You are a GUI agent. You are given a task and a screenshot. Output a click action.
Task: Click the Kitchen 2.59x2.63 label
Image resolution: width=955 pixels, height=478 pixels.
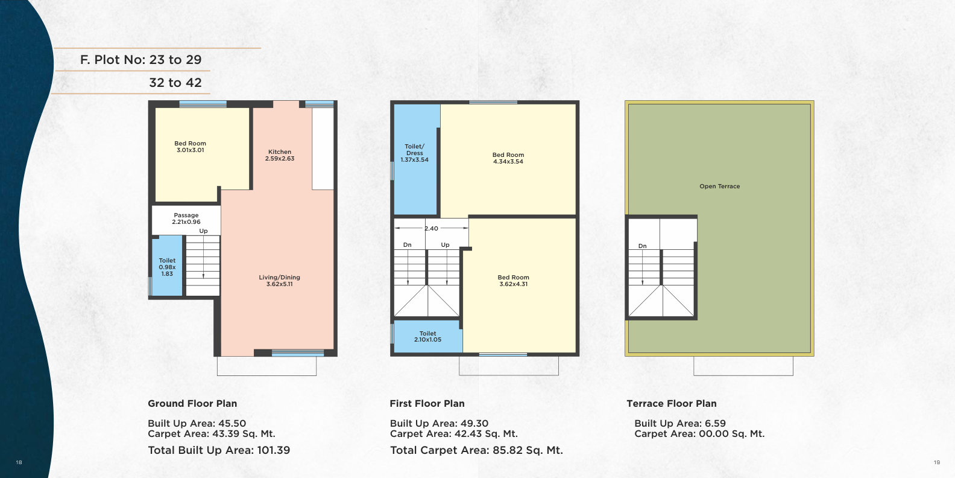(280, 155)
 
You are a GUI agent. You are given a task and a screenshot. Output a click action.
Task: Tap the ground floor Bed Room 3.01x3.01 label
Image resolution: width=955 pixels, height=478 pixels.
(190, 147)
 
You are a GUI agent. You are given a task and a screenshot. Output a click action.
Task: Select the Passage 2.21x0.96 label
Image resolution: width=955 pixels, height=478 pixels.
(186, 218)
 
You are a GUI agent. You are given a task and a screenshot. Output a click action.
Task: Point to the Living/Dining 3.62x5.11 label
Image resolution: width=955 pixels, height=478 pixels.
(279, 281)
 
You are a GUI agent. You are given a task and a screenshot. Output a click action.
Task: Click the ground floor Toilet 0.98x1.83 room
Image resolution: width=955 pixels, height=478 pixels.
(167, 266)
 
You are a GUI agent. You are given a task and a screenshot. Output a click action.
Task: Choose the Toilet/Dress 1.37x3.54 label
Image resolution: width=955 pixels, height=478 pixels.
(414, 153)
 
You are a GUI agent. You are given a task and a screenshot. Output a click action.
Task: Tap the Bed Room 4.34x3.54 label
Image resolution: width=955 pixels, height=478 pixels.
(508, 158)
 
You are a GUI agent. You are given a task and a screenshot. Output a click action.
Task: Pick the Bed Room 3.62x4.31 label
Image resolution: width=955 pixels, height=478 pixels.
(513, 281)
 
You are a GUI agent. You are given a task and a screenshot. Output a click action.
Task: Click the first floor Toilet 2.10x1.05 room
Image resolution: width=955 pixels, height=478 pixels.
(427, 336)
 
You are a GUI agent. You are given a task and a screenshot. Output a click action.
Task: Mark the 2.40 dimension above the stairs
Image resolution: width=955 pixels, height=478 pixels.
(431, 228)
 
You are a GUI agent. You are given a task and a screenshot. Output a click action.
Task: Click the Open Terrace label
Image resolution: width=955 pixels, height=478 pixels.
(720, 186)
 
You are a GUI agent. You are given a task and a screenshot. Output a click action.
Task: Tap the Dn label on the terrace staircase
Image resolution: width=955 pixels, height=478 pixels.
(643, 246)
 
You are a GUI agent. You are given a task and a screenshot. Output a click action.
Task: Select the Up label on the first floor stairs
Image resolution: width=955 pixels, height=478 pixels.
(445, 244)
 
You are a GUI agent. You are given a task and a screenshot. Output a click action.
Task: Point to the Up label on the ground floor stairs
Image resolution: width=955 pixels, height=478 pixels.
(203, 231)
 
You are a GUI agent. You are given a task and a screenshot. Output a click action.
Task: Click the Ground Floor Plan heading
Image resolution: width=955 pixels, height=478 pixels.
(192, 403)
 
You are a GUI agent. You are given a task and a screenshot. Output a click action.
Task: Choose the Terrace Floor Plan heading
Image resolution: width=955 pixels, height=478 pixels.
(672, 403)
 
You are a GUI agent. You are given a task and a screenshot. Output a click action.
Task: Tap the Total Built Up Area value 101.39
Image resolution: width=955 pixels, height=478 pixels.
(273, 450)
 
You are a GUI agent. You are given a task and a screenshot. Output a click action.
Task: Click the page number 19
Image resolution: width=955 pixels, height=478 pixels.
(937, 462)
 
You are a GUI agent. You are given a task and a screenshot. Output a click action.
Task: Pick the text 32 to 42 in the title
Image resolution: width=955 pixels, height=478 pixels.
(175, 82)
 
